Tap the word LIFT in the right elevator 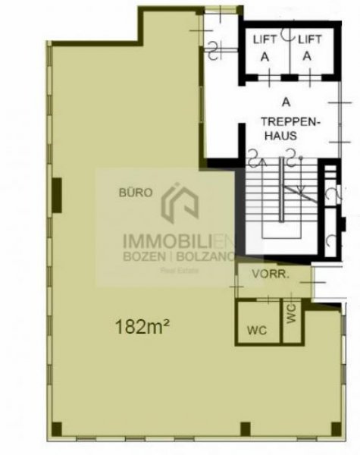[307, 39]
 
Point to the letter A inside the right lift [307, 55]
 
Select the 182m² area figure [141, 328]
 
